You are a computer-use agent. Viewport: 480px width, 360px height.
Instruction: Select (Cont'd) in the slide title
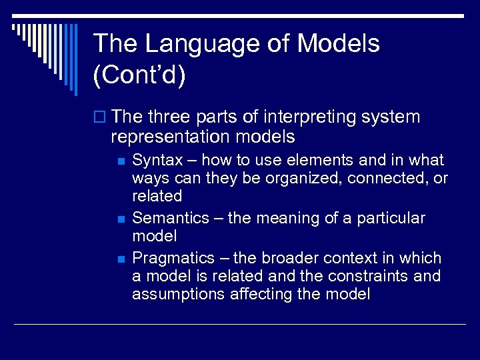[140, 75]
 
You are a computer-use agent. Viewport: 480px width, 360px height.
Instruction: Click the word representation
[167, 137]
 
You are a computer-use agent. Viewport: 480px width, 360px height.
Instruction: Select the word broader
[283, 258]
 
